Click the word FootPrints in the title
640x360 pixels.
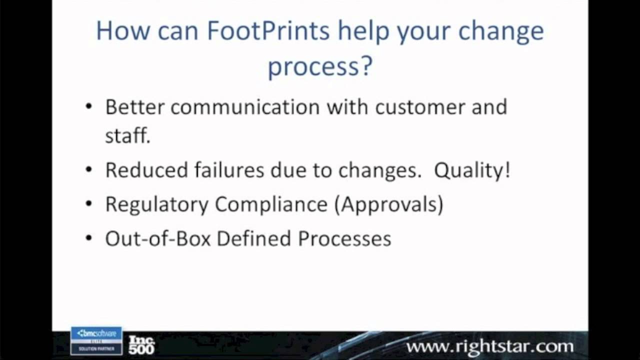coord(268,31)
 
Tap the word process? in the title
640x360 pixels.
coord(320,66)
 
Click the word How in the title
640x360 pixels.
coord(122,31)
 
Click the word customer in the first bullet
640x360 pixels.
coord(420,107)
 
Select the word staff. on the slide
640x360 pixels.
coord(127,135)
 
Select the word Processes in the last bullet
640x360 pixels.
coord(344,239)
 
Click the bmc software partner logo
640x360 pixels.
coord(96,340)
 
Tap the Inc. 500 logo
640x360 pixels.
coord(141,344)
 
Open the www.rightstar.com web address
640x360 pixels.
coord(490,346)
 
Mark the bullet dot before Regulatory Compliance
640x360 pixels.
coord(89,204)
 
